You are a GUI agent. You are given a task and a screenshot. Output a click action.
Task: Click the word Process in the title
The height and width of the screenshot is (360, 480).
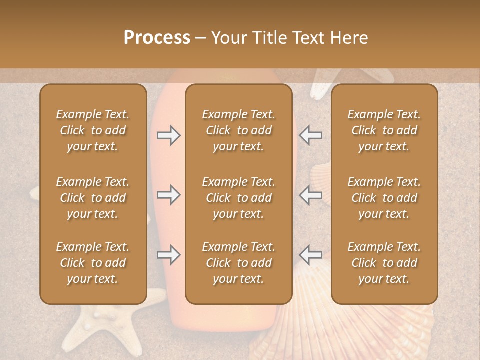pos(157,38)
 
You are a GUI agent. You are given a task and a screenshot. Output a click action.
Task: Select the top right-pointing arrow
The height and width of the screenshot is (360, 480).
pos(169,135)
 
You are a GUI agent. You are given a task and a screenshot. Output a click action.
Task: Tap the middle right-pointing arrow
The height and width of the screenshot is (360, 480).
pos(169,195)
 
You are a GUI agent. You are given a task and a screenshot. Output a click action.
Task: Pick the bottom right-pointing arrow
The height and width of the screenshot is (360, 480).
pos(169,255)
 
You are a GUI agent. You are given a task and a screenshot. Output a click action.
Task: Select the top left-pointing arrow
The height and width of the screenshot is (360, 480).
pos(310,135)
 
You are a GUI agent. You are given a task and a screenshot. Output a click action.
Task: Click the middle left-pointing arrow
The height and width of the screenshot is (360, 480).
pos(310,195)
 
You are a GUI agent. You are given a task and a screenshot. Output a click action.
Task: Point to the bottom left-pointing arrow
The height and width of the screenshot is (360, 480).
pos(310,255)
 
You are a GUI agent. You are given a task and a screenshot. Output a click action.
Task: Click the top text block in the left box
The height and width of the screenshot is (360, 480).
pos(93,130)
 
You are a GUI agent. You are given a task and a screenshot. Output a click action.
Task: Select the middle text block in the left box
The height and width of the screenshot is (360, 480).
pos(93,198)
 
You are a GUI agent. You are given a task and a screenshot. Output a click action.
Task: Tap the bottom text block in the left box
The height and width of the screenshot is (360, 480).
pos(93,263)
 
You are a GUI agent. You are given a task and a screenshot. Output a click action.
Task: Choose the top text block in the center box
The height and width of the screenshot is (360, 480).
pos(238,130)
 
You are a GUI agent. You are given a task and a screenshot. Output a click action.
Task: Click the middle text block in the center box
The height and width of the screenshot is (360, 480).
pos(238,198)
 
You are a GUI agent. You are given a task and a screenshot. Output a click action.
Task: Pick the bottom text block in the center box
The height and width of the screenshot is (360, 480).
pos(238,263)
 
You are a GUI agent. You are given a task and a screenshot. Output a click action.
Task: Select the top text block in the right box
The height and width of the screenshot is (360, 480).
pos(384,130)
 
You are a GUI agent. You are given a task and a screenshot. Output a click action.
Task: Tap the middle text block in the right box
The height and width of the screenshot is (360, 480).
pos(384,198)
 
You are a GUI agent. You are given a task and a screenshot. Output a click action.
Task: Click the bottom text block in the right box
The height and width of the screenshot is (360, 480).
pos(384,263)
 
